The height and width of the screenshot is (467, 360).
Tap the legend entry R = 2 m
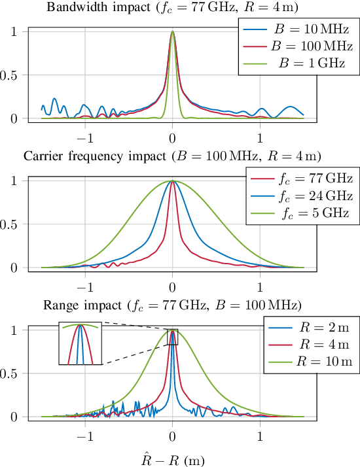click(308, 327)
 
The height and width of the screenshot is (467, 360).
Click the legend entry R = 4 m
click(308, 344)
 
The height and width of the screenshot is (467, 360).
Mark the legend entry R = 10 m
click(308, 361)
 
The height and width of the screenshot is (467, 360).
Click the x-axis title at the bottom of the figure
click(172, 458)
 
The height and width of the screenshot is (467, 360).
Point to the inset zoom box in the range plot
click(80, 343)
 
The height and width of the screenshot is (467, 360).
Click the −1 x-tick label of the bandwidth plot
click(84, 138)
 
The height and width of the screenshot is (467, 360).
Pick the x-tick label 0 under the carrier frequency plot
click(172, 286)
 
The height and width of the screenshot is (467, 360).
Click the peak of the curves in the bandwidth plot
click(172, 31)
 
